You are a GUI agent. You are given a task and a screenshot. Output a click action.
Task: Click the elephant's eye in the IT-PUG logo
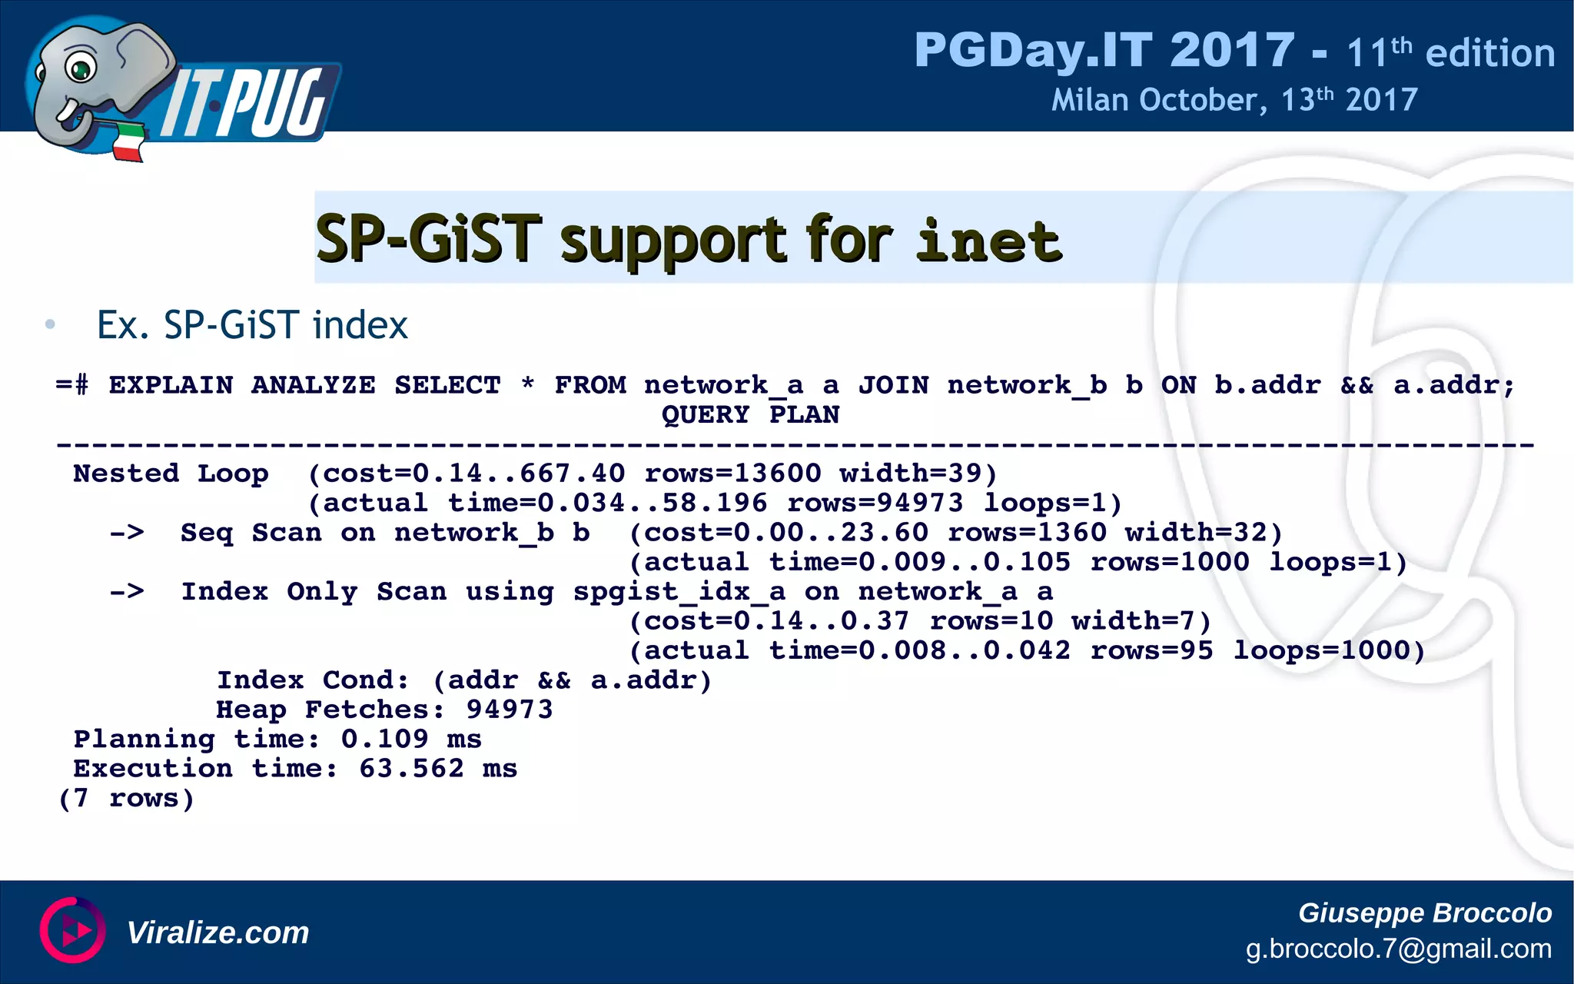[x=80, y=69]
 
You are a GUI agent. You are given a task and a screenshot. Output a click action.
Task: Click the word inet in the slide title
[x=989, y=241]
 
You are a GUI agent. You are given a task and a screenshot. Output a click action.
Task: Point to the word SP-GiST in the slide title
[x=428, y=239]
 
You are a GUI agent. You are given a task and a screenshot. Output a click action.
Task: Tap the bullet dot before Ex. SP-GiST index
[x=50, y=324]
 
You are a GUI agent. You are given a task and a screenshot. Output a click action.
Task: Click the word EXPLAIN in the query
[x=171, y=384]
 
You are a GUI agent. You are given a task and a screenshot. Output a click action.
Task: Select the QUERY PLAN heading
[x=750, y=414]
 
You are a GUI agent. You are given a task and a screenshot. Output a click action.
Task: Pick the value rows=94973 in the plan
[x=875, y=503]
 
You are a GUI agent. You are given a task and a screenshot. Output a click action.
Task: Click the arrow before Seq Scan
[x=127, y=532]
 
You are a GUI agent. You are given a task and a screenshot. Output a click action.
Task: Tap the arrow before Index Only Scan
[x=127, y=591]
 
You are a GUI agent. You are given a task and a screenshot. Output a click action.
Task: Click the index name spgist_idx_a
[x=679, y=591]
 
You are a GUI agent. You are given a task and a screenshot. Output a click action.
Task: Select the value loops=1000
[x=1329, y=650]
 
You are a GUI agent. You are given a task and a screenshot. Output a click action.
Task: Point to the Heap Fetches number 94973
[x=510, y=709]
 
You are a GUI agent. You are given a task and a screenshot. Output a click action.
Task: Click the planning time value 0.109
[x=384, y=739]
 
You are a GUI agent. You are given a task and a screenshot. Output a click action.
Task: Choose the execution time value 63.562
[x=411, y=768]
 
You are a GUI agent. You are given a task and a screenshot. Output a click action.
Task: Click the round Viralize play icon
[x=73, y=930]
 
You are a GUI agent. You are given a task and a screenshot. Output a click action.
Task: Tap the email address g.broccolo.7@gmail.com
[x=1398, y=949]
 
